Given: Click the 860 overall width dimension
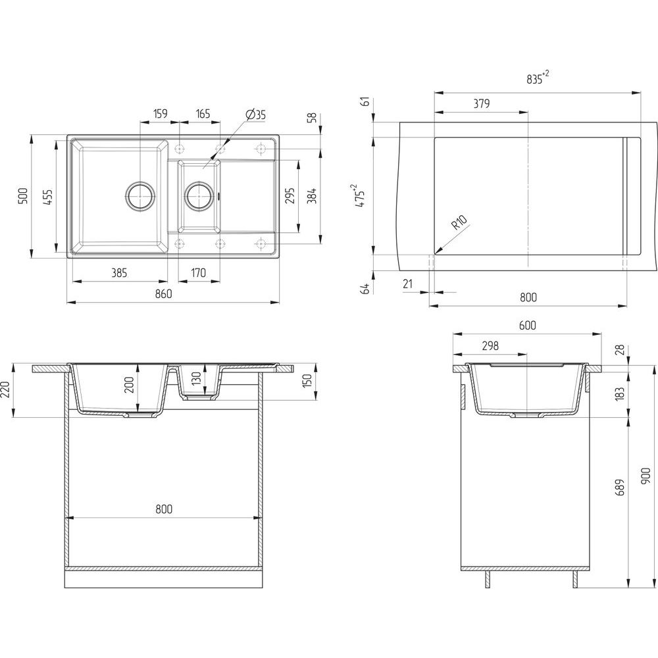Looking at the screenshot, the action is tap(164, 293).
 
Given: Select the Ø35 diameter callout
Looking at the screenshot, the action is tap(256, 114).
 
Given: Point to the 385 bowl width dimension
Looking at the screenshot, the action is tap(119, 273).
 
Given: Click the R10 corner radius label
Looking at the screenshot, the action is tap(459, 222).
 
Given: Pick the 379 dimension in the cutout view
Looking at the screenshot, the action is tap(482, 103).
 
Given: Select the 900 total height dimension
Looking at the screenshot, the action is tap(646, 476).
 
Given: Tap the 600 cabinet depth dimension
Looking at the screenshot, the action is tap(528, 325).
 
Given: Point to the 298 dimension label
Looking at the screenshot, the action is tap(490, 345).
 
